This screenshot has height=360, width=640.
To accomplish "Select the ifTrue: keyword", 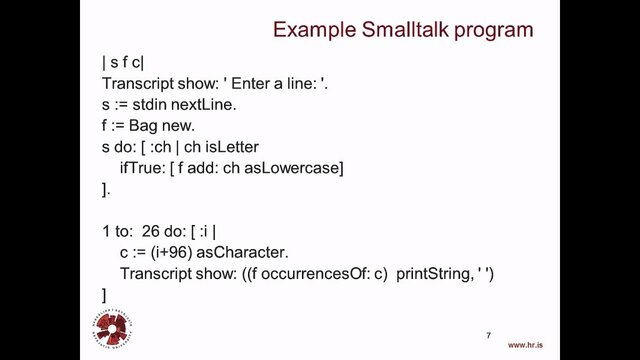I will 147,168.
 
